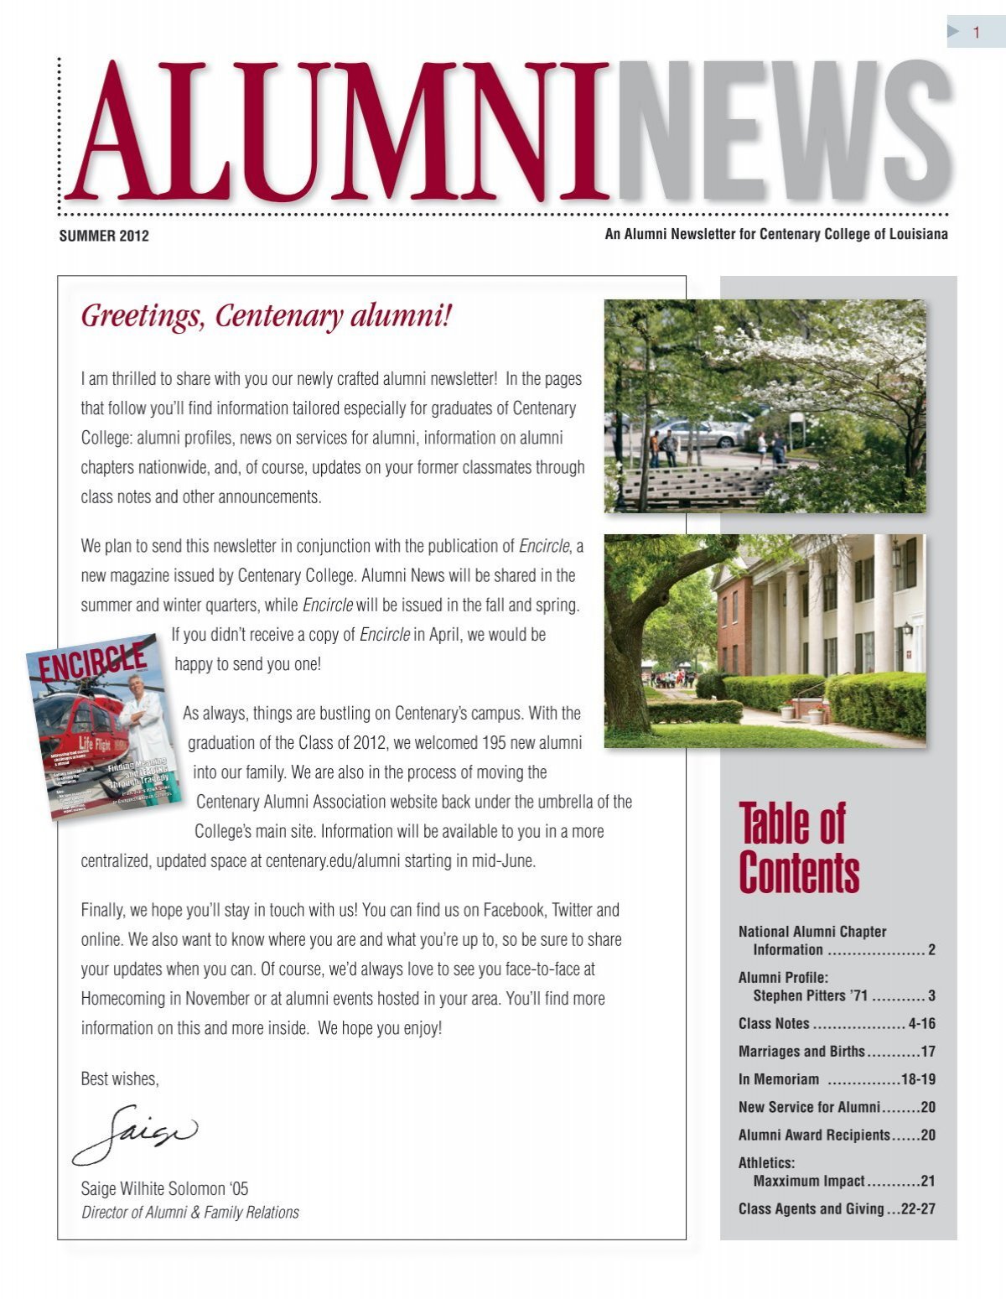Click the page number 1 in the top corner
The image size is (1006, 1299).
976,33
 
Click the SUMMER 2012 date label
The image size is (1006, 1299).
104,236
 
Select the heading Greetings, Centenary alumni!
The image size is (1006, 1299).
266,317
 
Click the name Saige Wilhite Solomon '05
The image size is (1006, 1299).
164,1188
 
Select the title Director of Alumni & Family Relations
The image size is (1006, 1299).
189,1213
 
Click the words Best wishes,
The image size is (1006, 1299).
119,1079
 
